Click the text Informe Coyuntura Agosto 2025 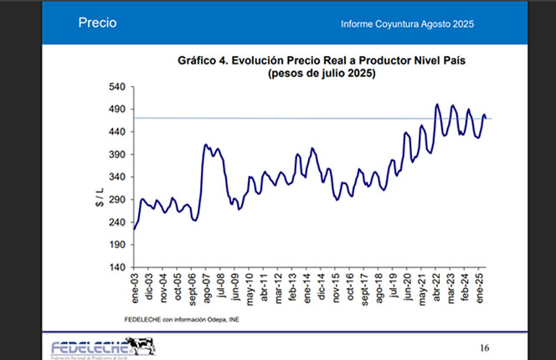pyautogui.click(x=408, y=23)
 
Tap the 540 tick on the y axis pyautogui.click(x=116, y=87)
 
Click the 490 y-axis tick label pyautogui.click(x=116, y=110)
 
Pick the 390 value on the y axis pyautogui.click(x=116, y=155)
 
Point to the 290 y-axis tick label pyautogui.click(x=116, y=200)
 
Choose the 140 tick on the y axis pyautogui.click(x=116, y=268)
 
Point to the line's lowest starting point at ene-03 pyautogui.click(x=134, y=229)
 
